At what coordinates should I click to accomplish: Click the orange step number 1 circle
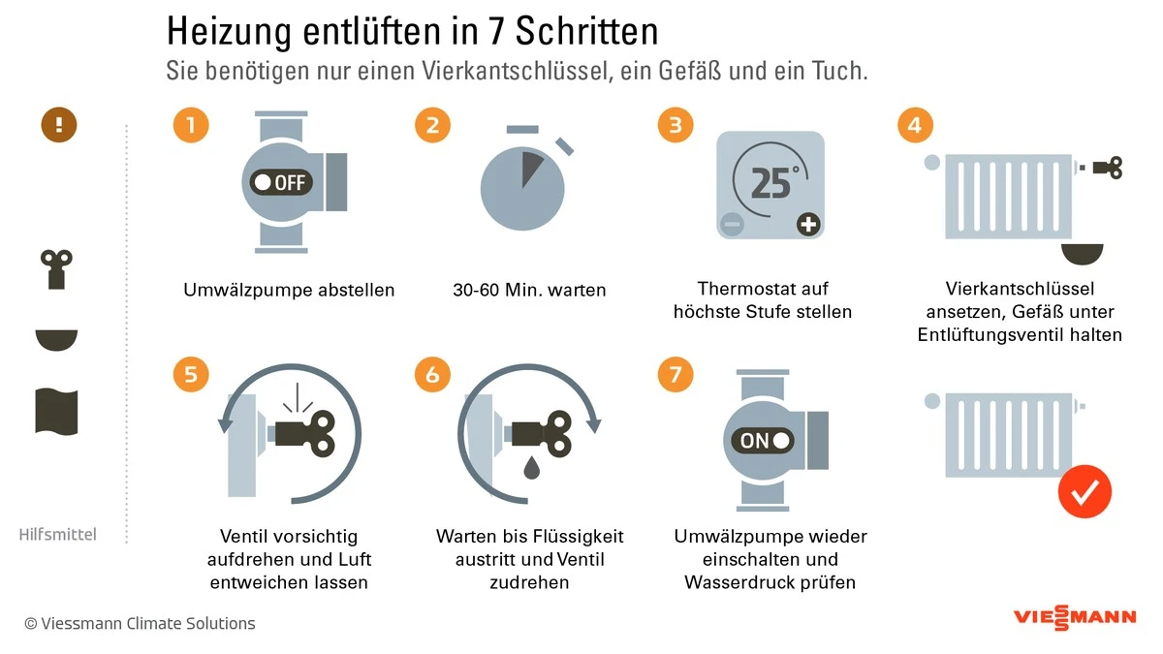(191, 125)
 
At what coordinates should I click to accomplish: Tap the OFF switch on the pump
(280, 182)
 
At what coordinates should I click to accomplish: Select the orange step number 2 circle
(433, 125)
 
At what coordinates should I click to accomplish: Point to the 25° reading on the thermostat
(772, 182)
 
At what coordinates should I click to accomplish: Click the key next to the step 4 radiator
(1106, 169)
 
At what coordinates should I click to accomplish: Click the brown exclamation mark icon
(58, 124)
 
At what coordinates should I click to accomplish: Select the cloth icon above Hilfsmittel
(56, 411)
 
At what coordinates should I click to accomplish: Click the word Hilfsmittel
(58, 534)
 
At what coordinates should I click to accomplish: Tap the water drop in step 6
(533, 468)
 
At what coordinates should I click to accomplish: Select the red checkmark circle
(1084, 492)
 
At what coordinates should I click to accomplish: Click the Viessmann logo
(1074, 617)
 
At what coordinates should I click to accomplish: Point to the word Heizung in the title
(225, 31)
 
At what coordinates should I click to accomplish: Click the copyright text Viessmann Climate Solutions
(140, 623)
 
